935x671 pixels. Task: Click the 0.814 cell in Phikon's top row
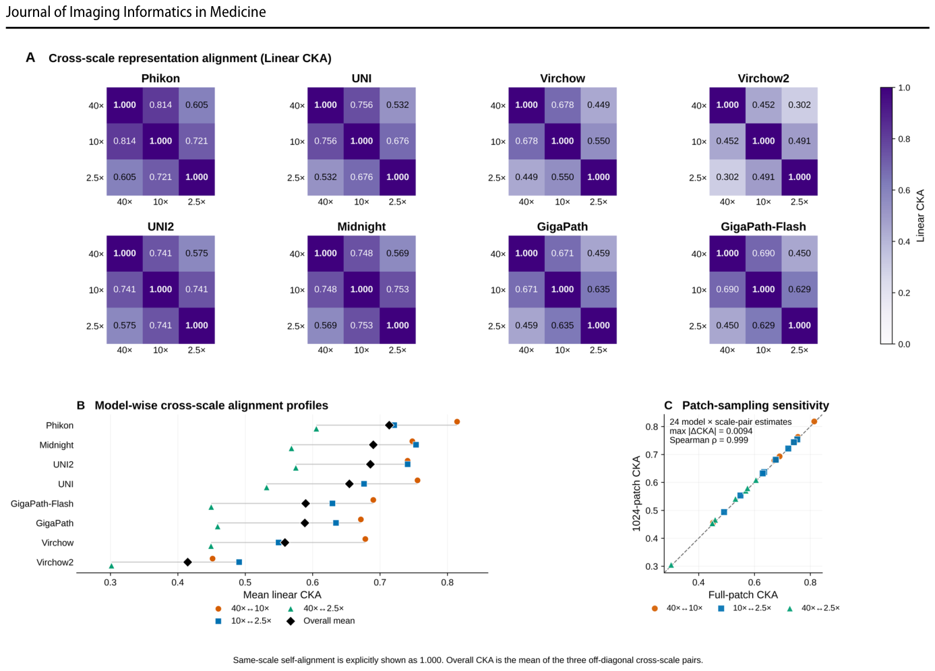tap(160, 105)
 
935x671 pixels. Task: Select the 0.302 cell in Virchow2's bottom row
tap(727, 177)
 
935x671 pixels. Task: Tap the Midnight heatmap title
tap(361, 227)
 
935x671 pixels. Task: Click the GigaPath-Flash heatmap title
tap(763, 227)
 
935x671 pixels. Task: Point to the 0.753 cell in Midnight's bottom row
tap(361, 325)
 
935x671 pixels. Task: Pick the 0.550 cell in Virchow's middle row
tap(599, 141)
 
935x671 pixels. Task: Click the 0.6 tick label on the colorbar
tap(904, 190)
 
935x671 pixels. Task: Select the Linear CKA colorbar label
tap(920, 215)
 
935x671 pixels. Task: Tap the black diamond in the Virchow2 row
tap(188, 562)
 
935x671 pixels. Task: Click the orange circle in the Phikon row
tap(457, 421)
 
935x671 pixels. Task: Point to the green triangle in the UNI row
tap(267, 488)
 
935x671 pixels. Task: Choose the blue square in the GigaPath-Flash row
tap(332, 504)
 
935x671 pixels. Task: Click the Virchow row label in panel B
tap(57, 543)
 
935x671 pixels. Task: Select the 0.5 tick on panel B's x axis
tap(245, 582)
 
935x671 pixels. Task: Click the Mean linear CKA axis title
tap(282, 595)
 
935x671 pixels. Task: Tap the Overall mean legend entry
tap(329, 621)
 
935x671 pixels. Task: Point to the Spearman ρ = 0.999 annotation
tap(708, 440)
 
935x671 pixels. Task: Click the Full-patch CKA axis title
tap(743, 595)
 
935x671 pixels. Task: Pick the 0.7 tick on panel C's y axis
tap(652, 455)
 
